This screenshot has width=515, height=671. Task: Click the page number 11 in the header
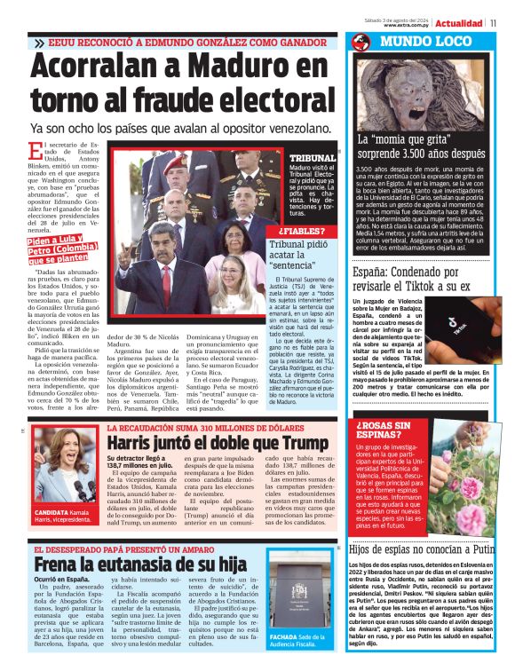tap(494, 23)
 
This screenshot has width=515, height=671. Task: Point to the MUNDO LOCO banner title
tap(417, 43)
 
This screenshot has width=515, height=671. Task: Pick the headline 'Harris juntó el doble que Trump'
tap(205, 440)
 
